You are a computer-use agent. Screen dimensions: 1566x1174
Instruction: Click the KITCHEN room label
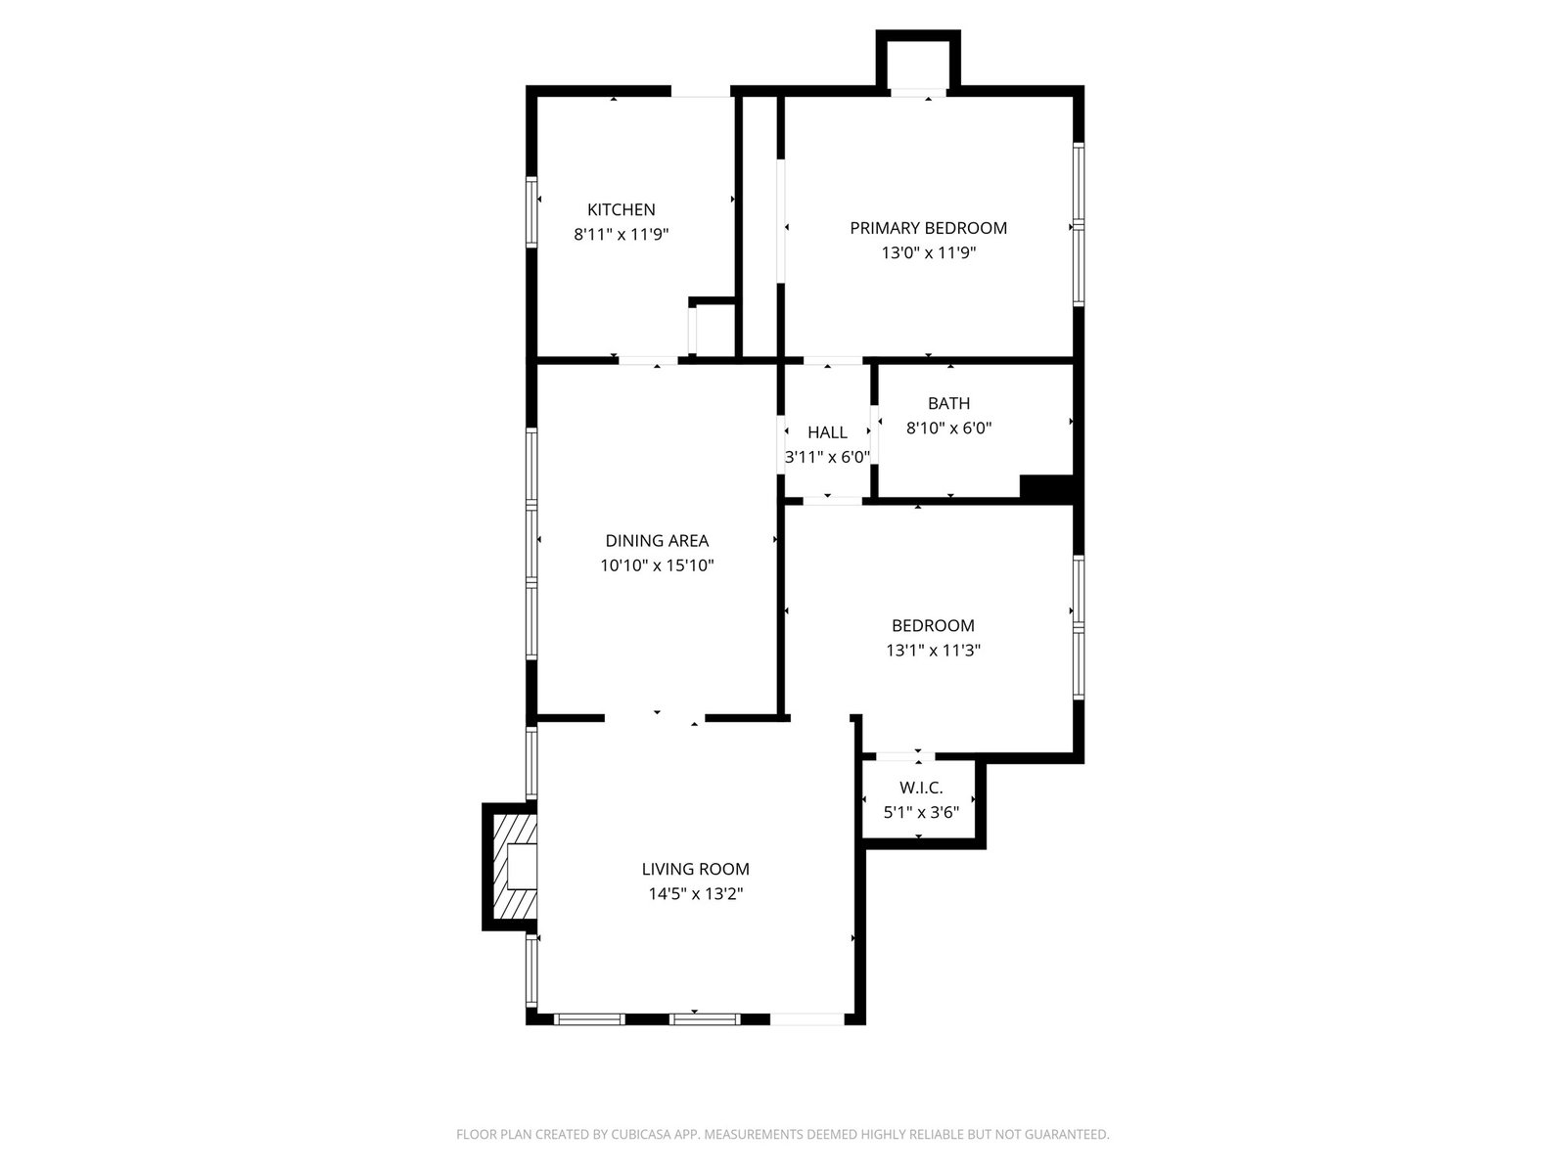pos(621,209)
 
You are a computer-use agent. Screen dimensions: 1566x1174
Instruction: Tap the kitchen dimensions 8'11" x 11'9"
pos(621,235)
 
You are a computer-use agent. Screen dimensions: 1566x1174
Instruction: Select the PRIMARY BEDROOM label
pos(928,228)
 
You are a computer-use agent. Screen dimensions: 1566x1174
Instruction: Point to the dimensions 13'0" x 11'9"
pos(928,253)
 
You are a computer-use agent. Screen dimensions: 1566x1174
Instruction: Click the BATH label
pos(948,403)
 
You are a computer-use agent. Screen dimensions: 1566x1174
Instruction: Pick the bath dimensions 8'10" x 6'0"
pos(948,429)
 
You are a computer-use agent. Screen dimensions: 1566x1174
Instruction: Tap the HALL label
pos(828,432)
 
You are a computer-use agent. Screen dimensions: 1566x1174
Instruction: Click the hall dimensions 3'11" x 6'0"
pos(828,457)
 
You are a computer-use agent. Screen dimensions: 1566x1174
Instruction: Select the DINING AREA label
pos(657,541)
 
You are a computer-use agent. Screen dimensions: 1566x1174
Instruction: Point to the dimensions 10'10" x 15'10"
pos(657,566)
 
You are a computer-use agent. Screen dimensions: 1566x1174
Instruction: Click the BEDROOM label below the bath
pos(933,626)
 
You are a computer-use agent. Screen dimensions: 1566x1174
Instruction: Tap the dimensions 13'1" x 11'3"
pos(933,650)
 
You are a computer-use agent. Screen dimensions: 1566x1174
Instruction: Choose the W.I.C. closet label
pos(921,788)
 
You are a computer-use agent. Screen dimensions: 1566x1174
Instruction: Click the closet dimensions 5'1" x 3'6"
pos(921,813)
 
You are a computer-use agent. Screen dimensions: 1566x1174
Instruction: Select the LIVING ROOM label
pos(696,869)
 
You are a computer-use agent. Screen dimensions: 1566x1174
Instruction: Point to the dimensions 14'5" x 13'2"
pos(696,894)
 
